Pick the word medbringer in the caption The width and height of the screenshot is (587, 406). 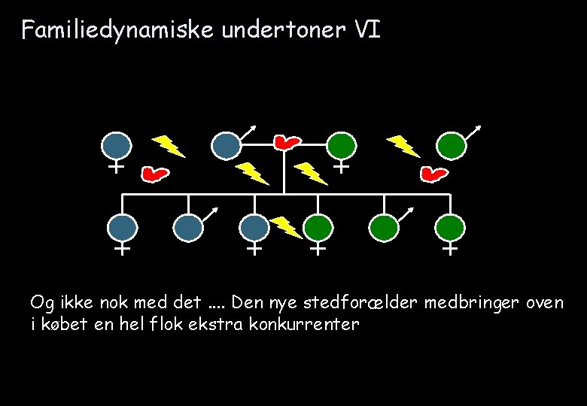(x=466, y=303)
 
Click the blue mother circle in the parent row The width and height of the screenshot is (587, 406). (x=116, y=145)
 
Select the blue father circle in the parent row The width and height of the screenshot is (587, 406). (x=225, y=145)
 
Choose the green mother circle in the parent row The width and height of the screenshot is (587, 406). (x=342, y=145)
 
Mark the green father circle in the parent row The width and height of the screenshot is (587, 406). (x=452, y=145)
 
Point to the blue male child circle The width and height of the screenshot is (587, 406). (x=188, y=228)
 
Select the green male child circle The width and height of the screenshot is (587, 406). (x=384, y=228)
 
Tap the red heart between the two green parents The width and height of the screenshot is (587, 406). (x=433, y=174)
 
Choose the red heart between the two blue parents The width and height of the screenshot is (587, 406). (x=155, y=174)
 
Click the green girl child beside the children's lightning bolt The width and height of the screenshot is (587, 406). (x=319, y=228)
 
